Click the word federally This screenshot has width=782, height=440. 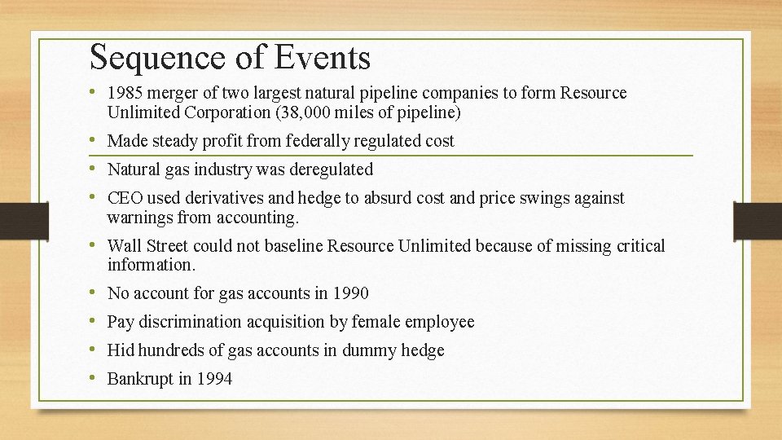[x=319, y=141]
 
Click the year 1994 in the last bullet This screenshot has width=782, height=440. [x=213, y=379]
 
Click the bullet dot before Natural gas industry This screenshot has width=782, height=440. [x=96, y=169]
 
